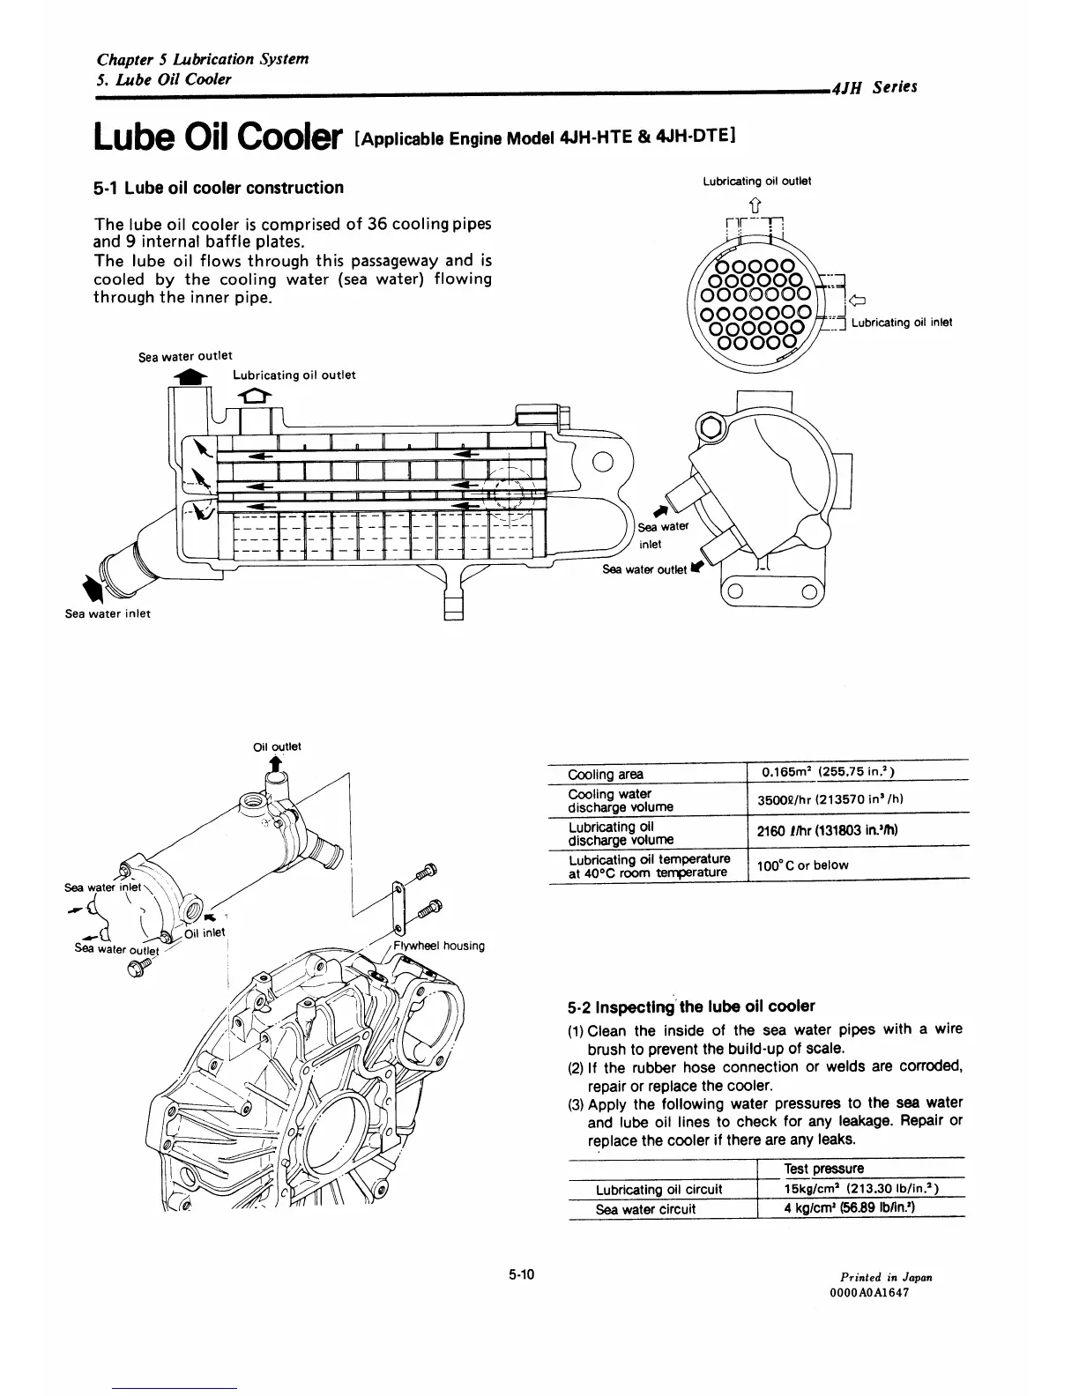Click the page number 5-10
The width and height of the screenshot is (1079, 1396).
point(523,1274)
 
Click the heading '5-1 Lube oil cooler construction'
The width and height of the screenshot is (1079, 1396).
point(219,188)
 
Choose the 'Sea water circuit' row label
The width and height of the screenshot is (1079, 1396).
point(646,1209)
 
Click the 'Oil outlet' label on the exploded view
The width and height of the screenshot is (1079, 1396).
point(277,746)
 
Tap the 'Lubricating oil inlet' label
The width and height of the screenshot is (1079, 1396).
point(901,323)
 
